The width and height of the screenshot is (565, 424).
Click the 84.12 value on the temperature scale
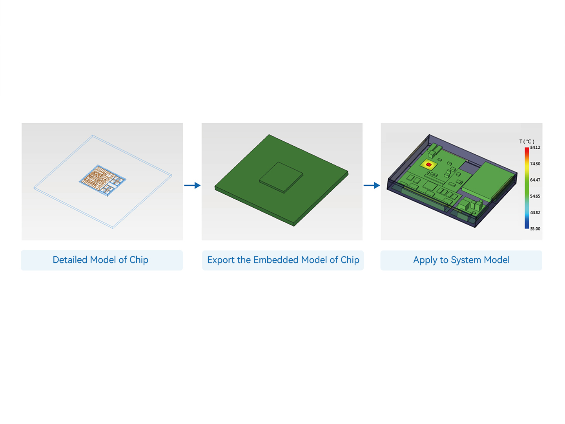point(535,148)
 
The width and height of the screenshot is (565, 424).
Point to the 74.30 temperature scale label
point(535,164)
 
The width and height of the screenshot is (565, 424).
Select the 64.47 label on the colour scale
point(535,180)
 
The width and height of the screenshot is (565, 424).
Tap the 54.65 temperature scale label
point(535,196)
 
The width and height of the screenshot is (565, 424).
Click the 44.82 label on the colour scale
point(535,212)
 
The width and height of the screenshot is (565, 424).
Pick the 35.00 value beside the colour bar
point(535,228)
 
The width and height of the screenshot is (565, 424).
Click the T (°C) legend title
point(527,142)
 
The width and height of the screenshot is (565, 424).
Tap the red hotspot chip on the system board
point(428,164)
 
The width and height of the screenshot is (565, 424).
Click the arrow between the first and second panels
point(192,185)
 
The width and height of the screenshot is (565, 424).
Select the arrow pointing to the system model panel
point(372,185)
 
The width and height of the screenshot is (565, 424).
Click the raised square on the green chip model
point(281,177)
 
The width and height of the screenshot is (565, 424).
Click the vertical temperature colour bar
point(527,188)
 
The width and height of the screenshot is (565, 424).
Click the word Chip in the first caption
point(139,260)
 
